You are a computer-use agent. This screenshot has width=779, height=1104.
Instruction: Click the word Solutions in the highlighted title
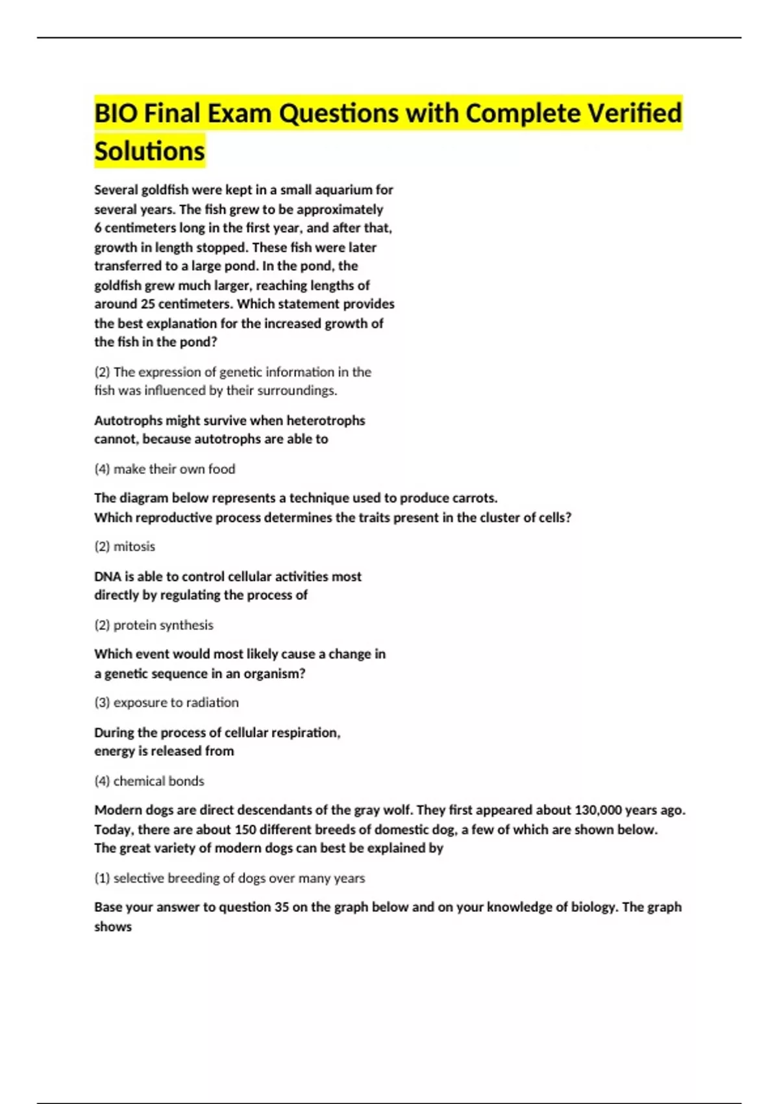coord(149,151)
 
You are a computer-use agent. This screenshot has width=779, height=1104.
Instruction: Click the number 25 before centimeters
coord(147,304)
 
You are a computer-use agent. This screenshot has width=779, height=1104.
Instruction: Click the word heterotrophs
coord(326,420)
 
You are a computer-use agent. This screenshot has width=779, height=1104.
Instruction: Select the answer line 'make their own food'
coord(174,469)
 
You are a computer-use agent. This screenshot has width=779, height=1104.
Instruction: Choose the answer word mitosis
coord(134,547)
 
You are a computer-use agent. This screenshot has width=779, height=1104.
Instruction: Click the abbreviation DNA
coord(107,577)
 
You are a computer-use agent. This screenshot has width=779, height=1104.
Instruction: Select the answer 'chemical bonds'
coord(158,781)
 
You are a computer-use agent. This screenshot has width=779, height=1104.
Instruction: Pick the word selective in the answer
coord(138,878)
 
